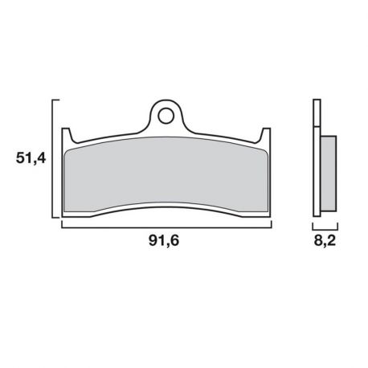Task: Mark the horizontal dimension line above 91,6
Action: tap(166, 227)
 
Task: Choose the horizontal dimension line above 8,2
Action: tap(324, 227)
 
